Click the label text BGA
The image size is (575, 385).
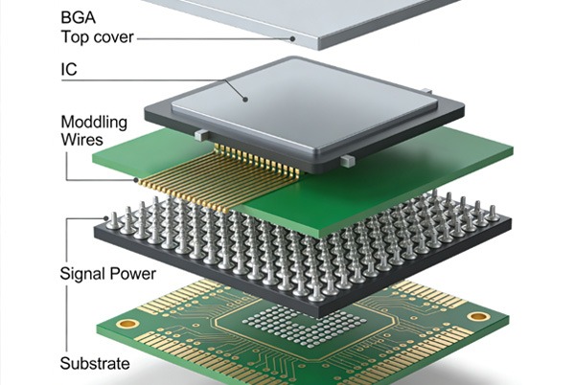pos(79,17)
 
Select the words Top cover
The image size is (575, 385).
pos(97,37)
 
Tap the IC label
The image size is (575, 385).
pos(69,70)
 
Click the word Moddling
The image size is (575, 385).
pos(94,123)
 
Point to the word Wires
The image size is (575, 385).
pos(81,140)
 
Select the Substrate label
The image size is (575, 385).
pos(95,363)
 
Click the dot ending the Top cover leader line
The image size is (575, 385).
pos(292,38)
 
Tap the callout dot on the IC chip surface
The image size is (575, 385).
pos(245,99)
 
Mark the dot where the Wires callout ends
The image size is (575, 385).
pos(136,180)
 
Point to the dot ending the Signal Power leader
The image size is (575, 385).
pos(106,218)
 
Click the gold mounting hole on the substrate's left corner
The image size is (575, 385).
pos(127,324)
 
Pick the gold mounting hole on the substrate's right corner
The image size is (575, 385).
pos(477,316)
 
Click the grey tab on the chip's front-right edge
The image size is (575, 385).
pos(348,161)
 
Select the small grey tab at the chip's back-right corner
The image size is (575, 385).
pos(426,91)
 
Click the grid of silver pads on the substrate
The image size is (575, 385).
pos(305,326)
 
